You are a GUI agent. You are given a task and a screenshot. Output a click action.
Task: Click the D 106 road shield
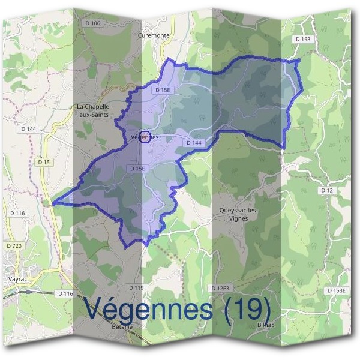click(x=95, y=23)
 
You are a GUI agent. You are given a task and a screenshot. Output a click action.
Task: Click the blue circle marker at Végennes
click(x=145, y=136)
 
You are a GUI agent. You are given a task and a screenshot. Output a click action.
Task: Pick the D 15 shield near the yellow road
click(x=43, y=162)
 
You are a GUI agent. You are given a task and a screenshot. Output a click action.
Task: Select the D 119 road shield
click(x=137, y=288)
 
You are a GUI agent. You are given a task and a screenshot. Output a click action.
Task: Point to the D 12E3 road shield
click(x=220, y=289)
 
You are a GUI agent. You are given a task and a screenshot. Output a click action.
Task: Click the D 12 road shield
click(x=326, y=190)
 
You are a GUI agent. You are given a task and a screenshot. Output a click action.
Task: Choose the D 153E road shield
click(x=337, y=290)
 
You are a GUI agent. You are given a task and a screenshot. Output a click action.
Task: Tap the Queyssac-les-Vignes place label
click(x=239, y=215)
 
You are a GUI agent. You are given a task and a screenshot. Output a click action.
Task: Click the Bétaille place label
click(x=122, y=326)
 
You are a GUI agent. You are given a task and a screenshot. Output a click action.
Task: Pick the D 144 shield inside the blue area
click(x=193, y=143)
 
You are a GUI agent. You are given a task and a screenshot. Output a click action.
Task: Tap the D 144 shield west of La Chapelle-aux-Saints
click(x=28, y=129)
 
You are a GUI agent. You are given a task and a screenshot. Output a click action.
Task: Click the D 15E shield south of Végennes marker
click(x=137, y=169)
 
